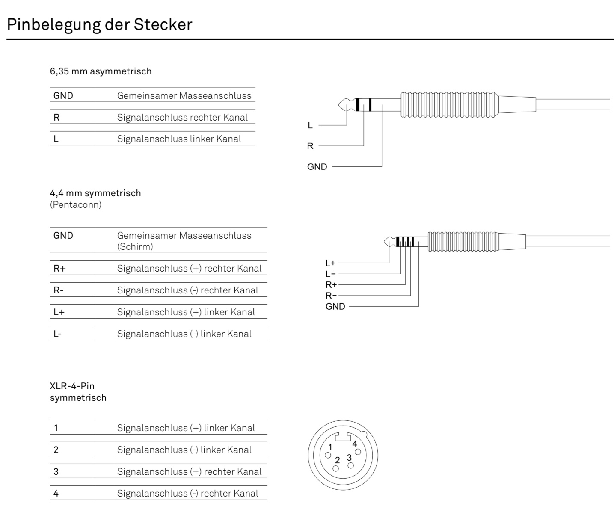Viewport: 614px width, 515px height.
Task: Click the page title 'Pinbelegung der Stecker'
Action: (100, 24)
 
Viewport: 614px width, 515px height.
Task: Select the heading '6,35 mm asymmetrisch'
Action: (101, 71)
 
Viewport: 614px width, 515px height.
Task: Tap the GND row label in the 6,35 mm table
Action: (63, 96)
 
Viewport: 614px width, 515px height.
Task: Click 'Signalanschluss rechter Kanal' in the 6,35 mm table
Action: (182, 118)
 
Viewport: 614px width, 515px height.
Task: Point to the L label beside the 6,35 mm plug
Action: (310, 126)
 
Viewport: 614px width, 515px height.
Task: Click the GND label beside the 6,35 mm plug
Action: (317, 167)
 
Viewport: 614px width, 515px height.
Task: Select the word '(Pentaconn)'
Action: (76, 205)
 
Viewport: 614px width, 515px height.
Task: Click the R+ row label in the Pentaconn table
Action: (59, 269)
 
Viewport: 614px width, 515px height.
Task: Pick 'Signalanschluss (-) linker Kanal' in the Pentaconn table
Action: (184, 334)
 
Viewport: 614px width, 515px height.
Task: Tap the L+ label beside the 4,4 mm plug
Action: (330, 263)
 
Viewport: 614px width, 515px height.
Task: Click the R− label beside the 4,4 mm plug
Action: (331, 296)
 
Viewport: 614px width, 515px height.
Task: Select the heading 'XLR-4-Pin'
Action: (72, 386)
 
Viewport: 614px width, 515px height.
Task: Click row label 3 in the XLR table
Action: (56, 472)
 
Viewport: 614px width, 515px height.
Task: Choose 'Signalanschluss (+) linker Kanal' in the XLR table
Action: (186, 428)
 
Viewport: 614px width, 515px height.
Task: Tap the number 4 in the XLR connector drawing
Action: (354, 444)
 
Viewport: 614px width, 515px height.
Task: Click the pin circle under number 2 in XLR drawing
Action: (336, 468)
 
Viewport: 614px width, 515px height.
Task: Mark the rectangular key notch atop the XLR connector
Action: (343, 438)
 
